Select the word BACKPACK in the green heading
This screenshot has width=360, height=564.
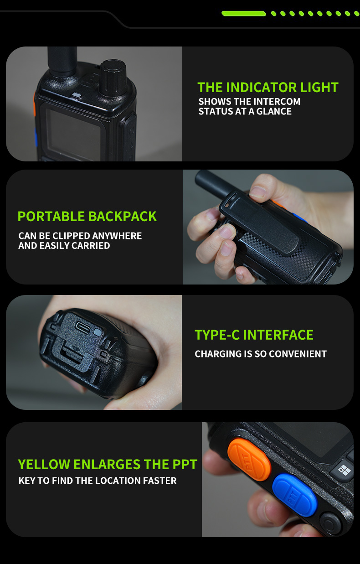tap(122, 216)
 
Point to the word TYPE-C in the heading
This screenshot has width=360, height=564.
tap(217, 335)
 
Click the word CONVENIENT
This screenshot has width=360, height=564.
tap(298, 354)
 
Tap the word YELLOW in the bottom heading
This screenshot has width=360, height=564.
tap(44, 464)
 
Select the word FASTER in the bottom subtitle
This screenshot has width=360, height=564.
tap(160, 481)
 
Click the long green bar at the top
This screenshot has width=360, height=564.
tap(243, 14)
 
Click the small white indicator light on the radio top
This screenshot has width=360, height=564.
tap(77, 95)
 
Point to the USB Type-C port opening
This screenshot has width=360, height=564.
tap(83, 327)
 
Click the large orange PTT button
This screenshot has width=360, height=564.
tap(249, 459)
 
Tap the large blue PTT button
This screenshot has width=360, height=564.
tap(295, 495)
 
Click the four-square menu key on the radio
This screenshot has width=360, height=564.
tap(345, 470)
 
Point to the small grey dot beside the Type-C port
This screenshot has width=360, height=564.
tap(98, 332)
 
